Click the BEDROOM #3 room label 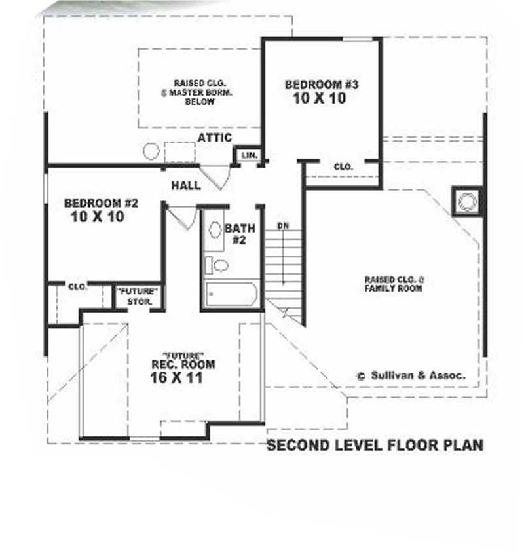[322, 85]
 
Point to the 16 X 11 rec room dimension [176, 378]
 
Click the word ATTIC [215, 137]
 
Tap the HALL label [186, 185]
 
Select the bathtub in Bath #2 [229, 294]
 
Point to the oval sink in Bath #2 [215, 231]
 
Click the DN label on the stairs [283, 226]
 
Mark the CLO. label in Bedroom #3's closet [343, 167]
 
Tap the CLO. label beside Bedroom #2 [78, 286]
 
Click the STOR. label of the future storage [140, 302]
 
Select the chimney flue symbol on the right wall [466, 201]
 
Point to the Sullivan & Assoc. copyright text [411, 375]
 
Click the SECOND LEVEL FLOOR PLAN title [375, 446]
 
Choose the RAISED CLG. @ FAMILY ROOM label [394, 284]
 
